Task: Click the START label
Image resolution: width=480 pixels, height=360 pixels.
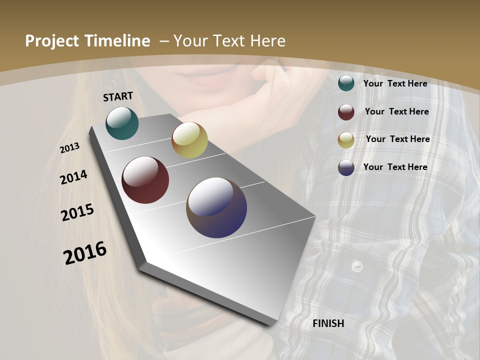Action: [118, 96]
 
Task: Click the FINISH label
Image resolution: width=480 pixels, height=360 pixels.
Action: [328, 323]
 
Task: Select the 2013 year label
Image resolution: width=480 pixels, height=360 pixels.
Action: [70, 148]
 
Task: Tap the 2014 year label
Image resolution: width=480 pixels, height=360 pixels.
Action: [74, 177]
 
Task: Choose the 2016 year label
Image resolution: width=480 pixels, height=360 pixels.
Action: [85, 252]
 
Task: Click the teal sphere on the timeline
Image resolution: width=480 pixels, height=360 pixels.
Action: [122, 123]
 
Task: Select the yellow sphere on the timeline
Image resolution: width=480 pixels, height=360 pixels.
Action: [189, 140]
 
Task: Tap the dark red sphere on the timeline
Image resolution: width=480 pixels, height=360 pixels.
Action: [145, 180]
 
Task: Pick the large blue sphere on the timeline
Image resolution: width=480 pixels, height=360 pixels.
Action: [216, 207]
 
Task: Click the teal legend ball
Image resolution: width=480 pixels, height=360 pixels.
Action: [346, 83]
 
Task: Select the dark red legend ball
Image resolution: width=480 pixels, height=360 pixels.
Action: [346, 111]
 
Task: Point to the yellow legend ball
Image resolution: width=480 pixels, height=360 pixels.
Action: [346, 139]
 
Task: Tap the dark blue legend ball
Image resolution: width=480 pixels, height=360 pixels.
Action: [346, 167]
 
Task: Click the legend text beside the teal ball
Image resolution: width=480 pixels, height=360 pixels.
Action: [395, 83]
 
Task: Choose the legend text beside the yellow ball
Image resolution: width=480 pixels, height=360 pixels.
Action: [397, 139]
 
